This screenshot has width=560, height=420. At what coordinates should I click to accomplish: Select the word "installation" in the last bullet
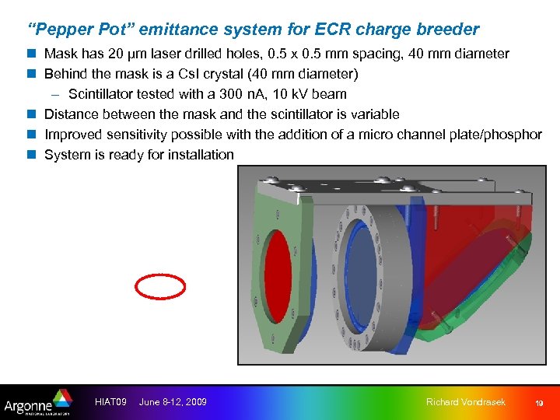tap(200, 155)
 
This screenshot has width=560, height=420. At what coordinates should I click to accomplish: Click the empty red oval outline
tap(160, 287)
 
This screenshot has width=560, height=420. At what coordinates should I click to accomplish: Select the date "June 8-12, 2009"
tap(173, 402)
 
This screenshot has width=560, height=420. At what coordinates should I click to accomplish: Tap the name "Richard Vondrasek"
tap(466, 402)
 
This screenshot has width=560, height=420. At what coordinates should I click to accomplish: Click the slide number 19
tap(537, 403)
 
